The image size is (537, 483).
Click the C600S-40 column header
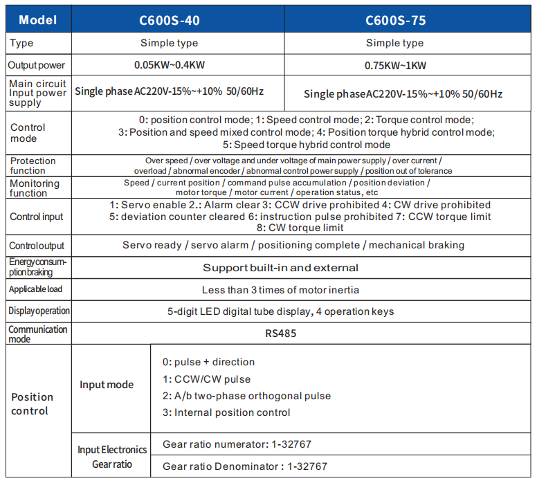click(x=170, y=20)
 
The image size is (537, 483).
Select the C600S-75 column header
click(x=395, y=20)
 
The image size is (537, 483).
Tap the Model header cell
click(x=38, y=20)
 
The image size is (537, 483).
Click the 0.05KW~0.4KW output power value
click(x=169, y=66)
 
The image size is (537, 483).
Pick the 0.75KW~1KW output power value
click(x=395, y=66)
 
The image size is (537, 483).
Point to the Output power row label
click(x=37, y=66)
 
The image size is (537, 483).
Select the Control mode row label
click(x=28, y=133)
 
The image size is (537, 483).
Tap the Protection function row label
click(x=33, y=165)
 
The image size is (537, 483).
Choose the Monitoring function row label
click(x=35, y=188)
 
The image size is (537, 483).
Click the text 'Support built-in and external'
click(x=280, y=268)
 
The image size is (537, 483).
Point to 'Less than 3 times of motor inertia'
click(x=280, y=289)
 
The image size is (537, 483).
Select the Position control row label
click(x=32, y=404)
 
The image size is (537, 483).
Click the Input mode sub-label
click(x=107, y=385)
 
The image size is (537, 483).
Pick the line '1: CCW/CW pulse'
click(x=206, y=379)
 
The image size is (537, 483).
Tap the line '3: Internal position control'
click(x=226, y=412)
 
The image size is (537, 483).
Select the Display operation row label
click(x=39, y=311)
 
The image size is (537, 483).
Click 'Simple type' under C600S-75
click(x=394, y=43)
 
